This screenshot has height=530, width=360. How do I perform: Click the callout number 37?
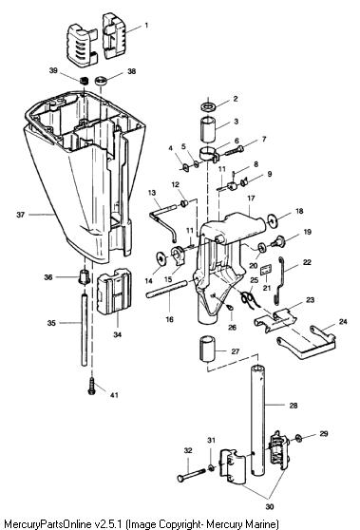[21, 215]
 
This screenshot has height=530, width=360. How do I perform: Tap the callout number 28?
[294, 406]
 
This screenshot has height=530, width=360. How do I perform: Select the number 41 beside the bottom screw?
[114, 394]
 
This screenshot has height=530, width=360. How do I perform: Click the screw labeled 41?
[91, 386]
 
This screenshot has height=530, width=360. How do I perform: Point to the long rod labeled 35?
[85, 330]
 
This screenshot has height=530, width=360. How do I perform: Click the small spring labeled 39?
[84, 81]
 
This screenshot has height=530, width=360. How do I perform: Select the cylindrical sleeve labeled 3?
[209, 128]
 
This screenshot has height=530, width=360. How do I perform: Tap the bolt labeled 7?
[234, 150]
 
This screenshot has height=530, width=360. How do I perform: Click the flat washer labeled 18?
[272, 220]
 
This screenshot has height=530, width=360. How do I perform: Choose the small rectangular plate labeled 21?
[267, 270]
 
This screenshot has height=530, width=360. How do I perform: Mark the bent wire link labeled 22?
[280, 280]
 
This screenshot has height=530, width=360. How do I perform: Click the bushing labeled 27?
[206, 350]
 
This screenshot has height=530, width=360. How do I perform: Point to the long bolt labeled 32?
[191, 474]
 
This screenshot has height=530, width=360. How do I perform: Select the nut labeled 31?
[211, 468]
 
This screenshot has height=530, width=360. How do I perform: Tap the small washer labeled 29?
[298, 439]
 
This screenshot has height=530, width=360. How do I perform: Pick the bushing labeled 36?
[84, 276]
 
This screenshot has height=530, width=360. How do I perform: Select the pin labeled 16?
[167, 289]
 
